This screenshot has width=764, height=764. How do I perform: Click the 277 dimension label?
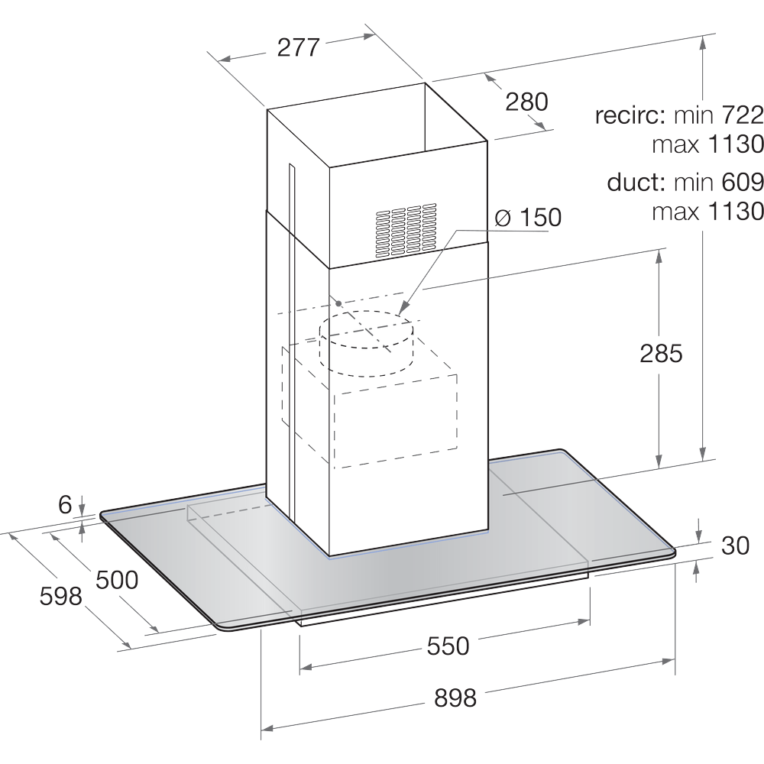297,47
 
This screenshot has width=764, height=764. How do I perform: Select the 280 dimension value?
526,101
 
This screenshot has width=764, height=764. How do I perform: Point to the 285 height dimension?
660,354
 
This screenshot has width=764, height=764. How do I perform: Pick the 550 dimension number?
447,646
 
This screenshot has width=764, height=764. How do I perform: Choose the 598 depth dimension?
60,596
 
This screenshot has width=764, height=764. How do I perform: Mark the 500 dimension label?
116,580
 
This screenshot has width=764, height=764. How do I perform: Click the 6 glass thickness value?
65,504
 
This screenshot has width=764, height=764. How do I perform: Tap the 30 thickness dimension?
734,545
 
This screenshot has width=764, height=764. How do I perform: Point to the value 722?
741,115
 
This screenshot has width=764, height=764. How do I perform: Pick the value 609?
741,183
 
